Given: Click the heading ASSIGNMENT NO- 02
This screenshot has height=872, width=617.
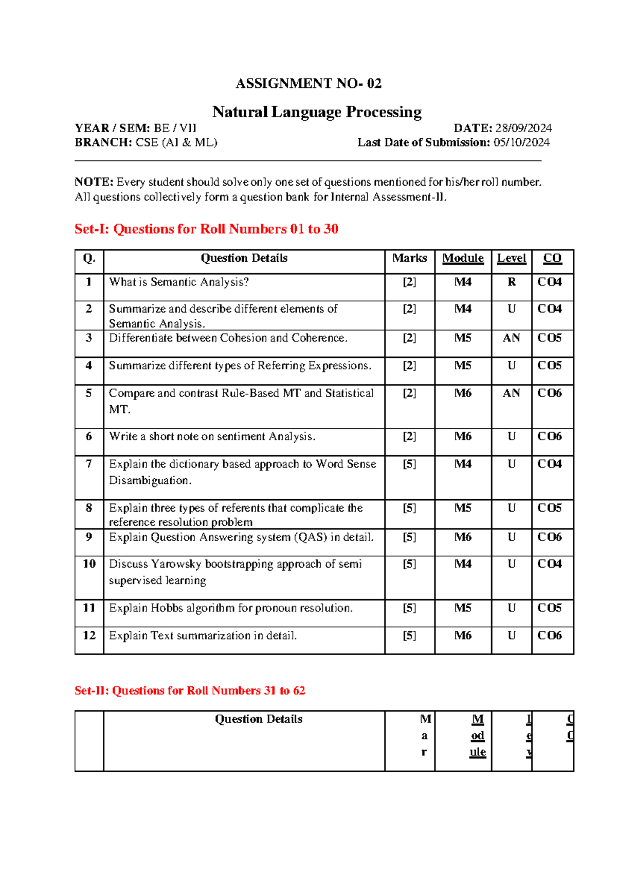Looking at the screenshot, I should point(308,83).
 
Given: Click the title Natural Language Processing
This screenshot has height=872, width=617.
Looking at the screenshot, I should point(317,112).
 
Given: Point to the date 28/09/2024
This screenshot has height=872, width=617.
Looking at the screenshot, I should point(523,128).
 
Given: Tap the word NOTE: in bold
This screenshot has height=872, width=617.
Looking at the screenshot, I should point(94,182).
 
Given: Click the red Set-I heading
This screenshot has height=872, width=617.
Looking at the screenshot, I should point(206,229).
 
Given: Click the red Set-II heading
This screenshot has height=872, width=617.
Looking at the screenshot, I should point(190,691).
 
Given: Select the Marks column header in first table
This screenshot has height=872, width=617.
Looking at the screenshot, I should point(409,258).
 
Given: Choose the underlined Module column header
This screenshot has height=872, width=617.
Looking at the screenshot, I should point(463,258).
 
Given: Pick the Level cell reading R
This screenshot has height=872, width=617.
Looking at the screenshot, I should point(511,282).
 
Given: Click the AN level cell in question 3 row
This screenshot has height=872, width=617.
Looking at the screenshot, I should point(511,338).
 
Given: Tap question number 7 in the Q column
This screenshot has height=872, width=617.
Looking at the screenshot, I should point(89,464).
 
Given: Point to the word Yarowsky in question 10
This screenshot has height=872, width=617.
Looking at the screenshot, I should point(176,564).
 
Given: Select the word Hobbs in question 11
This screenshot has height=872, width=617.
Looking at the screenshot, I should point(167,608).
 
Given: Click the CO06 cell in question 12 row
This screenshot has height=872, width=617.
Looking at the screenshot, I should point(549,635).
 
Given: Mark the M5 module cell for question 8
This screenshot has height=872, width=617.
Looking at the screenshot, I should point(463,508).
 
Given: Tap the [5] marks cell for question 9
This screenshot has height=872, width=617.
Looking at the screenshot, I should point(409,537).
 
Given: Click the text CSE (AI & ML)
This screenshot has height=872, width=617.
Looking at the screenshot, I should point(176,142).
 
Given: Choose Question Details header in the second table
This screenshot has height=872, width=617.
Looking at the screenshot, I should point(259,719).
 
